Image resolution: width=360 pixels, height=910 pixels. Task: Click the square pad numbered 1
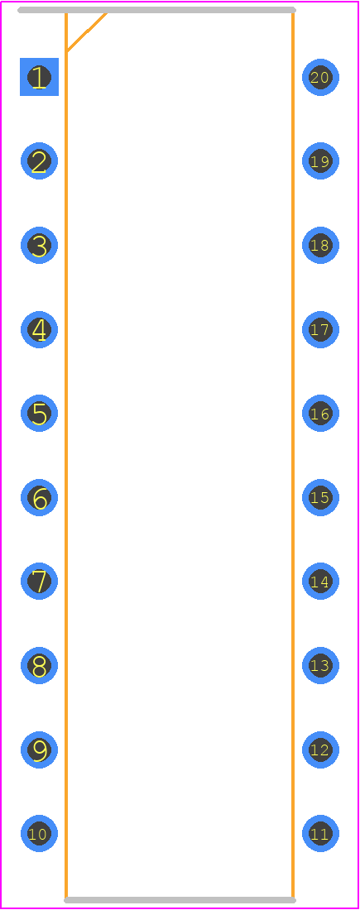[x=39, y=77]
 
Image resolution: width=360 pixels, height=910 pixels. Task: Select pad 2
[x=39, y=160]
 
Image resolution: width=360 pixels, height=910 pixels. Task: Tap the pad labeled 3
[x=39, y=245]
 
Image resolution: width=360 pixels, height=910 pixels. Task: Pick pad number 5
[x=39, y=413]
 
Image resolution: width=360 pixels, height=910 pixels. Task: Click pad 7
[x=39, y=581]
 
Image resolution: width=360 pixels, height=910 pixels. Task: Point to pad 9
[x=39, y=750]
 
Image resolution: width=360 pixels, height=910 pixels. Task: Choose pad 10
[x=39, y=833]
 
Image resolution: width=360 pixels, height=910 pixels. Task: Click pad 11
[x=320, y=833]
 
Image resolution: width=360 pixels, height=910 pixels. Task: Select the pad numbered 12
[x=320, y=750]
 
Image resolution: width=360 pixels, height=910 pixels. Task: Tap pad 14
[x=320, y=581]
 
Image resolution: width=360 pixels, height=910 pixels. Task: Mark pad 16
[x=320, y=413]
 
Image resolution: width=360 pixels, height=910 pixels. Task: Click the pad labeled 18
[x=320, y=245]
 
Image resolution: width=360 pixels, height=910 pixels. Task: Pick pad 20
[x=320, y=77]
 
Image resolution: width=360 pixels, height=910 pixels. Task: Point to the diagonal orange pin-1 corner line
[x=87, y=32]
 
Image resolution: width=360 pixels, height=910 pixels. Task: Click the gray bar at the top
[x=156, y=10]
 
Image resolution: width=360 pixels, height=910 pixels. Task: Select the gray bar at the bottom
[x=180, y=900]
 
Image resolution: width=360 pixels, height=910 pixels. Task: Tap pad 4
[x=39, y=329]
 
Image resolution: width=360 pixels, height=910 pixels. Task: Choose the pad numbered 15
[x=320, y=497]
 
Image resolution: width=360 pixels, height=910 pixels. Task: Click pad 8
[x=39, y=665]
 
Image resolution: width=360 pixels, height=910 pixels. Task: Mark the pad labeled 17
[x=320, y=329]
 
